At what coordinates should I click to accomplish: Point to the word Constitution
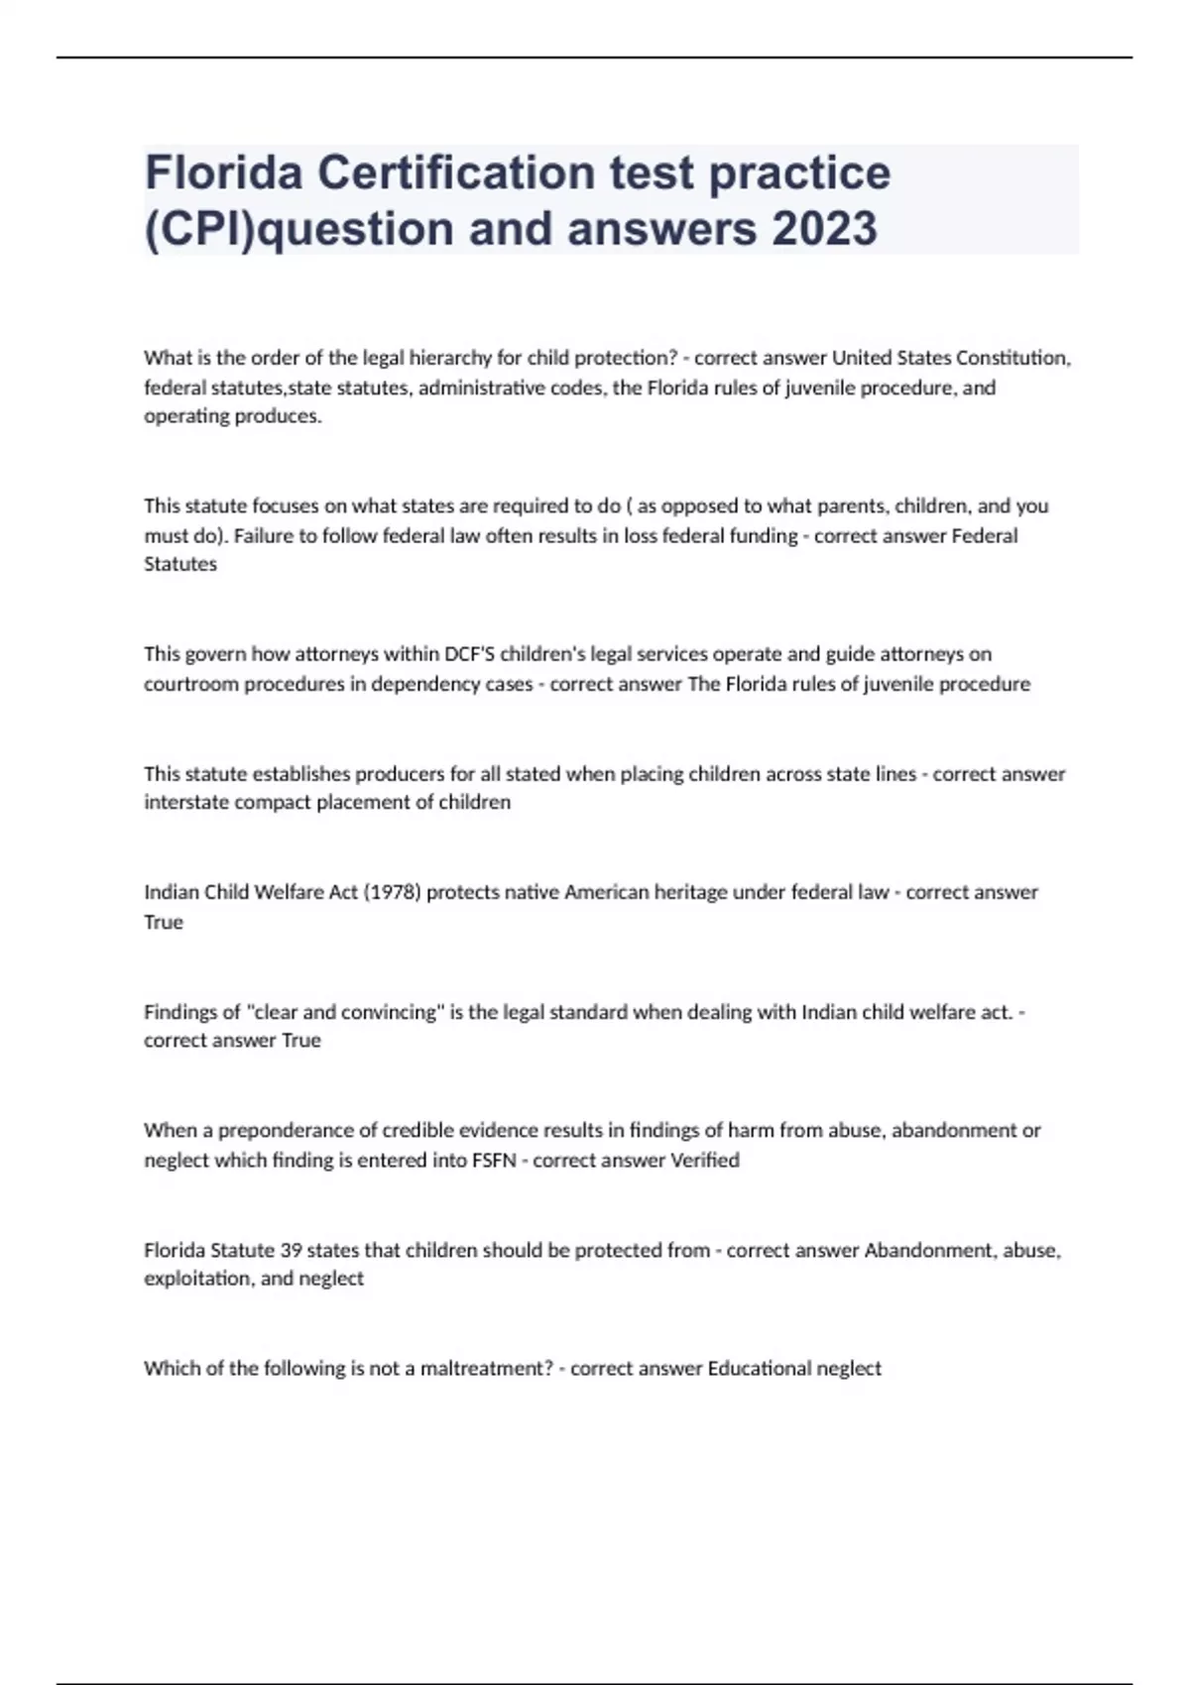pos(1012,358)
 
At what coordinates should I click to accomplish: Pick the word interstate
pos(185,803)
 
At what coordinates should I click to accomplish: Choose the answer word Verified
pos(705,1161)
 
